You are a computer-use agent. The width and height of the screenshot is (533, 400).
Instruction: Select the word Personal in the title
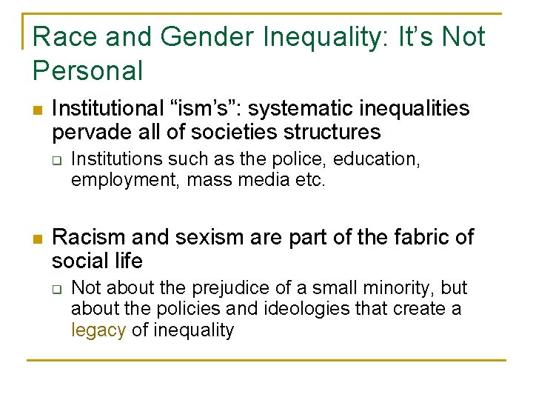[87, 71]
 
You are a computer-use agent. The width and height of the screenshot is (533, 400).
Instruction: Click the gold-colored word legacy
[98, 330]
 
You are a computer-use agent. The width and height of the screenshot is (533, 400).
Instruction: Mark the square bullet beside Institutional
[38, 110]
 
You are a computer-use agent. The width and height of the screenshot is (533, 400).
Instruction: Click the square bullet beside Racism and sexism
[38, 239]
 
